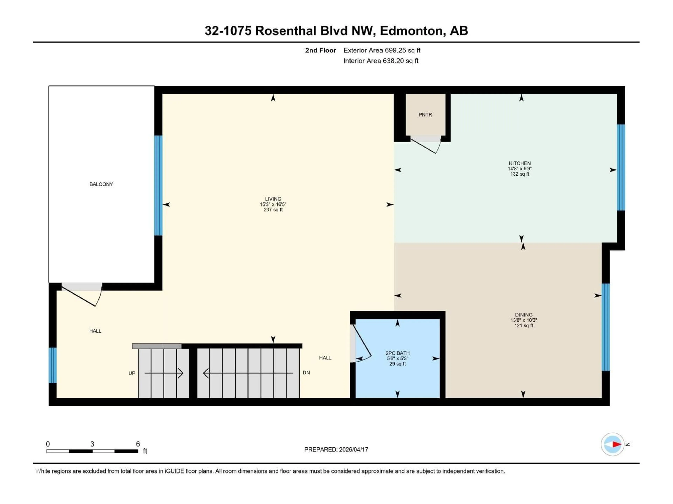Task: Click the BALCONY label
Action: pyautogui.click(x=101, y=184)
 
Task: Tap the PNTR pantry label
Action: pyautogui.click(x=425, y=114)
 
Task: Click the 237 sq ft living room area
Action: pyautogui.click(x=273, y=210)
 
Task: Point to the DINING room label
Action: pyautogui.click(x=524, y=315)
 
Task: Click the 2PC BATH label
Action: pyautogui.click(x=397, y=353)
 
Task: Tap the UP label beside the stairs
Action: pyautogui.click(x=132, y=373)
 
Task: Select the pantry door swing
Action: pyautogui.click(x=426, y=146)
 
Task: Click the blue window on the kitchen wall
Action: pyautogui.click(x=621, y=167)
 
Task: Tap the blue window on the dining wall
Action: pyautogui.click(x=606, y=327)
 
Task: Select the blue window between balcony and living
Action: pyautogui.click(x=158, y=185)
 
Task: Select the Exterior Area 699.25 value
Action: pyautogui.click(x=396, y=50)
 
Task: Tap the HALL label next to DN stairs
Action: pyautogui.click(x=325, y=358)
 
